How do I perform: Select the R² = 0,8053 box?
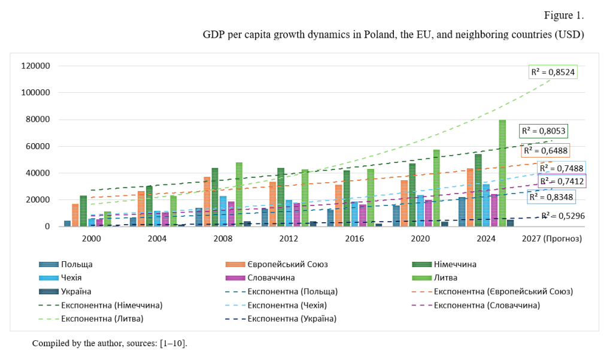543,131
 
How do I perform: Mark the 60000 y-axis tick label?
38,146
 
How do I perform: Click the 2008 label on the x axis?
223,238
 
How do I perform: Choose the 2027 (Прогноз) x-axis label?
551,238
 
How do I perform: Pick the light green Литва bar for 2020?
436,187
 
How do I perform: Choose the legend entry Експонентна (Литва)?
102,319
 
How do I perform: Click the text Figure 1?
563,14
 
